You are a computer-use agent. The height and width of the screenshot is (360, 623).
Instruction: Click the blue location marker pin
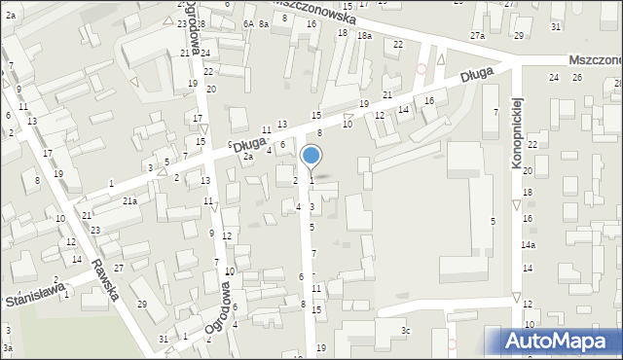coord(311,157)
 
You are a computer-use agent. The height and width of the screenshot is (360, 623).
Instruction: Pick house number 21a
coord(129,200)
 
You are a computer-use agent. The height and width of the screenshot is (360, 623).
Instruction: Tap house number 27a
coord(477,36)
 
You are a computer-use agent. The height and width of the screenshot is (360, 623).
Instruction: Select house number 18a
coord(364,36)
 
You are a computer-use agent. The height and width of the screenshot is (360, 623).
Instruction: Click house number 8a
coord(264,23)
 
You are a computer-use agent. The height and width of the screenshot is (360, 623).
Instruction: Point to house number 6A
coord(248,23)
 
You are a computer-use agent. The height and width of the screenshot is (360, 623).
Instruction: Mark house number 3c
coord(406,332)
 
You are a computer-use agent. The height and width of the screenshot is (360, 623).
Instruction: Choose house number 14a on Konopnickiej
coord(528,246)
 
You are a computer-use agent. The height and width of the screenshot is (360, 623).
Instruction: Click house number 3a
coord(7,347)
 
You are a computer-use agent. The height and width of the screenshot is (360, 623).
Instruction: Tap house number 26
coord(576,77)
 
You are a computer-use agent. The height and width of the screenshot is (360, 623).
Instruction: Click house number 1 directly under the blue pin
coord(311,180)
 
